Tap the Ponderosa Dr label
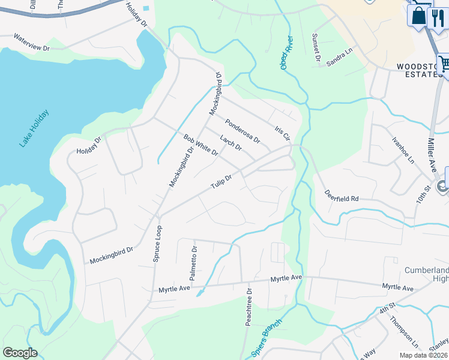(243, 131)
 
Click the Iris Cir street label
(282, 133)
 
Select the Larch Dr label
(231, 143)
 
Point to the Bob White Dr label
(200, 145)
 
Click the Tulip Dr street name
(221, 181)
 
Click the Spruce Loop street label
(157, 244)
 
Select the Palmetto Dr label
(193, 263)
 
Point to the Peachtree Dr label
(249, 308)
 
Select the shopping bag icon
(419, 16)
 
